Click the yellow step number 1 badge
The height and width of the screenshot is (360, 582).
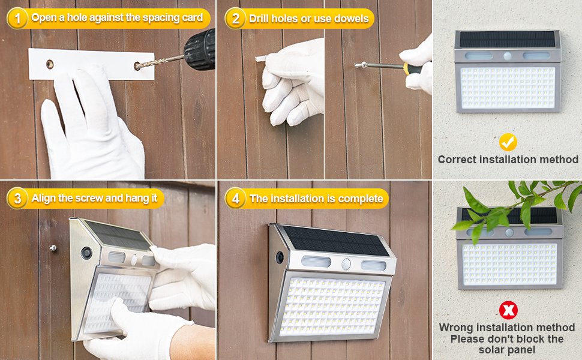click(17, 19)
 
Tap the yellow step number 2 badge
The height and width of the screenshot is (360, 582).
click(235, 19)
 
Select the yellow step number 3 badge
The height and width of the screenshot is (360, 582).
click(17, 198)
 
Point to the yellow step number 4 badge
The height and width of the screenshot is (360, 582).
click(235, 198)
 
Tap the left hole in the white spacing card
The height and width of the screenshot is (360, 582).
click(50, 64)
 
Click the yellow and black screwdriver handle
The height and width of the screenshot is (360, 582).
click(413, 68)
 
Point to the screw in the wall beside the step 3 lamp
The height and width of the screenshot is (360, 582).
click(53, 248)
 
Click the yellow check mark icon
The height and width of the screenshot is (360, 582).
click(508, 142)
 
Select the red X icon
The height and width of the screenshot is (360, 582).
click(508, 310)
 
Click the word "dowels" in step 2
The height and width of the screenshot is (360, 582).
click(351, 19)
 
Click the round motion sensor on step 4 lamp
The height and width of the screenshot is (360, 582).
click(346, 265)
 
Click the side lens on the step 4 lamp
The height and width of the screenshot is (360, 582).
click(279, 257)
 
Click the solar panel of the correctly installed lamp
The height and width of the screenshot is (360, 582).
click(508, 40)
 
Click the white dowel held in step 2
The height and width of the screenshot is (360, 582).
click(261, 58)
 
